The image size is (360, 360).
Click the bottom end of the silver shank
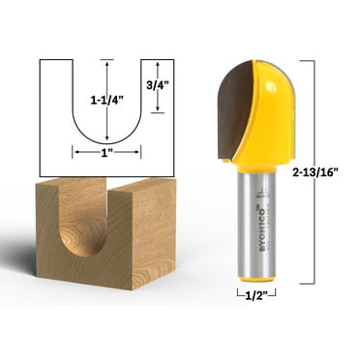[252, 274]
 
